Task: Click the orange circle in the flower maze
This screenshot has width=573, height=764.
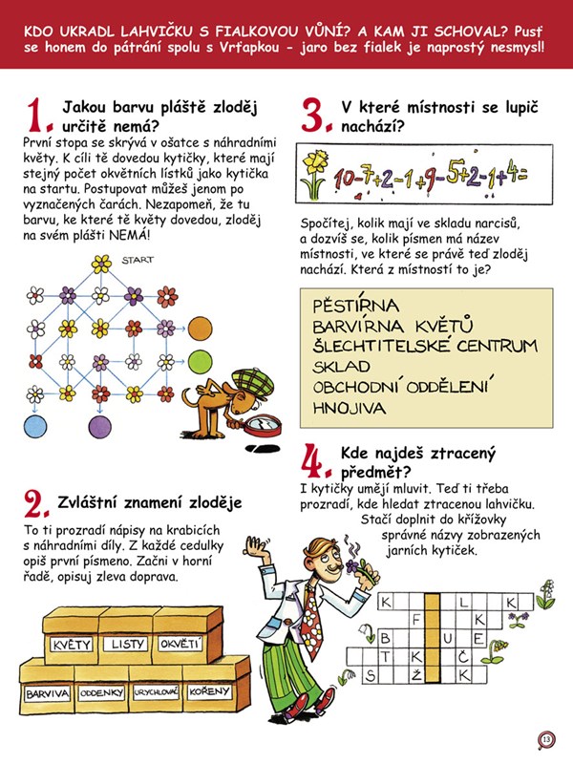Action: click(x=201, y=329)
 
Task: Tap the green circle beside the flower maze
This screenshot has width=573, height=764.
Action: click(x=201, y=362)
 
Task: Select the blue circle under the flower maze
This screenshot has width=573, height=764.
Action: click(x=35, y=427)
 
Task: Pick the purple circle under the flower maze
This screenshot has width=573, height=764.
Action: click(x=100, y=427)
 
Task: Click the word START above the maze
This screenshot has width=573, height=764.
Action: click(x=138, y=260)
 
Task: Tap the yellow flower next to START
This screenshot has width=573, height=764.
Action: click(x=101, y=265)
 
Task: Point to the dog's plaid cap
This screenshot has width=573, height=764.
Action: click(x=253, y=384)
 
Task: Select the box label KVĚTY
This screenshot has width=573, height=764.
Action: click(x=71, y=645)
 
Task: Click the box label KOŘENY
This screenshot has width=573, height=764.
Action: click(x=209, y=691)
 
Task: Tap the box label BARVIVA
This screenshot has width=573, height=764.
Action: click(x=47, y=693)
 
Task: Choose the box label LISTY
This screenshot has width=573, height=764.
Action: click(x=128, y=644)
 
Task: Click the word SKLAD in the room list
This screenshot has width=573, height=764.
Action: click(x=341, y=367)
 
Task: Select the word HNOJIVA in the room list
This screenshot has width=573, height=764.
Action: click(x=349, y=408)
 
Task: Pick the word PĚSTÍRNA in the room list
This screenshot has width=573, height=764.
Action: click(x=355, y=305)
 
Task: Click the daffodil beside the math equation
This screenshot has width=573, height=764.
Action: click(x=313, y=174)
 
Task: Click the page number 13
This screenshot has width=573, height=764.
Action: click(x=546, y=740)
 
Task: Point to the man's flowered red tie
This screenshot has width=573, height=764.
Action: click(x=311, y=618)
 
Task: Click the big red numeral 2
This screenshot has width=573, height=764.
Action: click(x=35, y=504)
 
